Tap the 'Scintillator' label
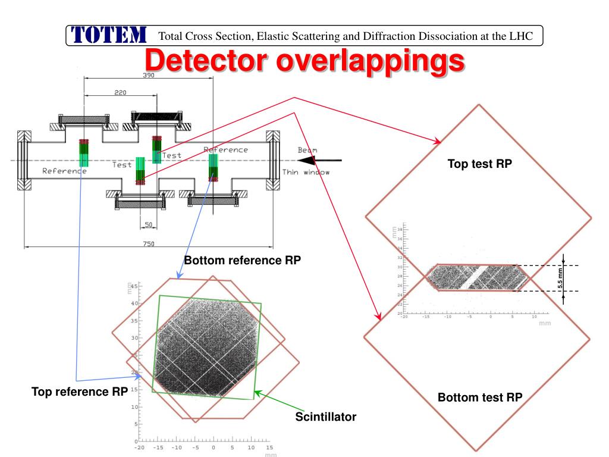(326, 417)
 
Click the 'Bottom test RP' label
(479, 397)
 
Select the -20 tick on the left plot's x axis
(139, 447)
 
